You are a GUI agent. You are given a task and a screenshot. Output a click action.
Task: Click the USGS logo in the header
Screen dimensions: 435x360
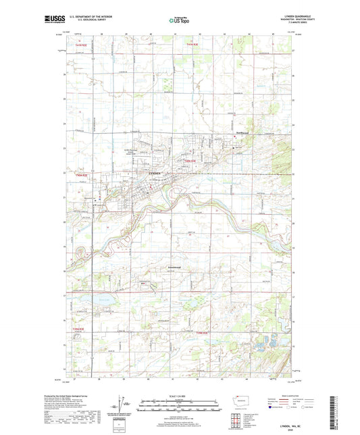pos(34,22)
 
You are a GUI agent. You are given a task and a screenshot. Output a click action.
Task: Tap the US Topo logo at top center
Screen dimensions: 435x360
pos(179,22)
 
